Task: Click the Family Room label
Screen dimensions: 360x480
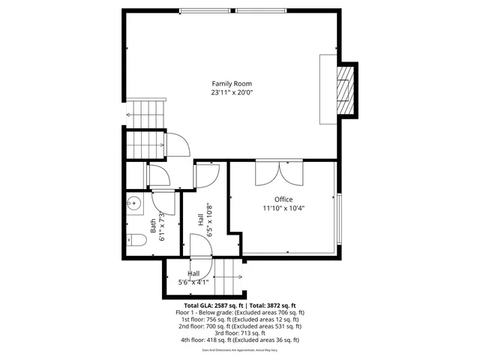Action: click(231, 83)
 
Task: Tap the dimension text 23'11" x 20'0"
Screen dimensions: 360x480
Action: click(231, 93)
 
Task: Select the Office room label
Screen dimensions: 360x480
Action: click(283, 199)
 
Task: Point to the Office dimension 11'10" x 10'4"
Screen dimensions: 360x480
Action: click(283, 208)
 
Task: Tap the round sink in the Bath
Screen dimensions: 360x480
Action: click(134, 202)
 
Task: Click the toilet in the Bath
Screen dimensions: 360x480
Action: click(134, 241)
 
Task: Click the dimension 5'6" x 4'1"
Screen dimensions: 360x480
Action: click(193, 283)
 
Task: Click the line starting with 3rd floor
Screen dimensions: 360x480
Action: click(239, 333)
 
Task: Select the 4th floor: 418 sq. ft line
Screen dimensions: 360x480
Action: click(239, 340)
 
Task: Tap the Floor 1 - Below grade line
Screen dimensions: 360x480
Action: click(239, 312)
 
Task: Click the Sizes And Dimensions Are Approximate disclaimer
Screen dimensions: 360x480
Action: click(239, 350)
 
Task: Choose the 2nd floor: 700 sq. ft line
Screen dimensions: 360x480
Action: click(239, 326)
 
